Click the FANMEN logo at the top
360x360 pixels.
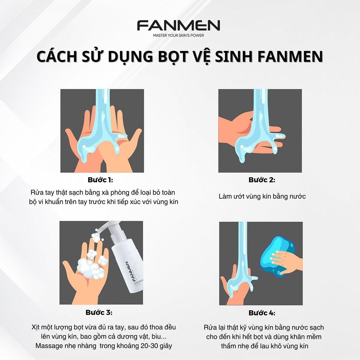coord(179,26)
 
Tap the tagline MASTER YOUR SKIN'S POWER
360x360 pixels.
coord(179,35)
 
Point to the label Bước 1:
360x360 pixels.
coord(100,180)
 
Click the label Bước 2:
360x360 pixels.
coord(262,180)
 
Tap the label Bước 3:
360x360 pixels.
coord(99,312)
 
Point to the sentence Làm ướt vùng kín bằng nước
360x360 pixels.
coord(262,196)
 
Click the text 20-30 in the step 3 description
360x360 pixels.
coord(146,346)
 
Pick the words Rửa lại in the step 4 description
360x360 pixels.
coord(215,328)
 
